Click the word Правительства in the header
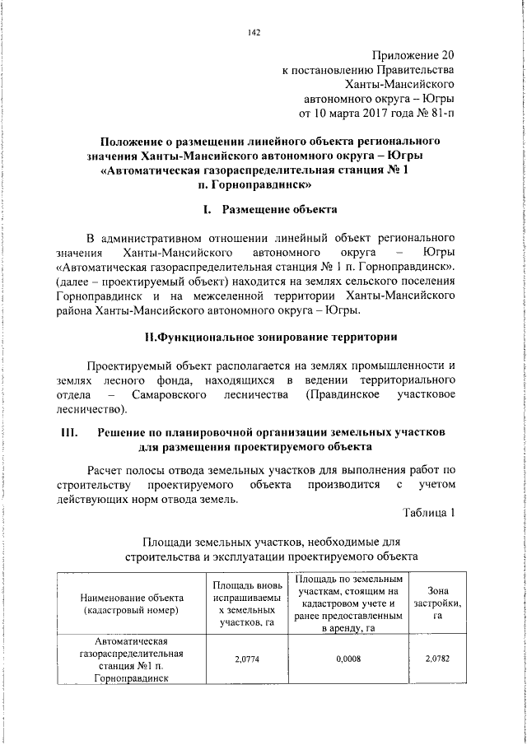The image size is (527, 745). pyautogui.click(x=409, y=70)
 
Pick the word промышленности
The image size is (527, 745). pyautogui.click(x=399, y=364)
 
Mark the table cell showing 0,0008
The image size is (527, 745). pyautogui.click(x=349, y=658)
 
